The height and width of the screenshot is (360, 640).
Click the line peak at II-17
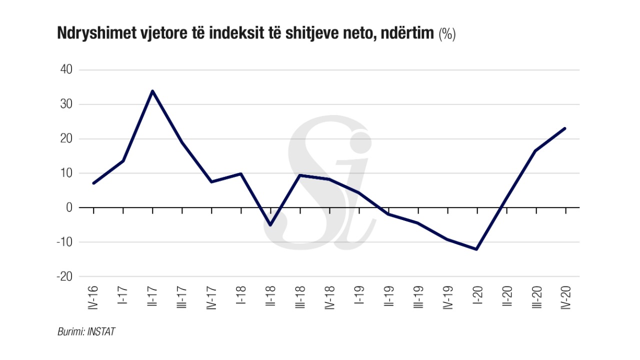(152, 91)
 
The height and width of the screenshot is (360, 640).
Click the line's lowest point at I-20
(477, 249)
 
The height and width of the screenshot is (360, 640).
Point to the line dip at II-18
(270, 225)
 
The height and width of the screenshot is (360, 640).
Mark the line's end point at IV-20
(565, 128)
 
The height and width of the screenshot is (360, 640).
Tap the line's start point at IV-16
(93, 183)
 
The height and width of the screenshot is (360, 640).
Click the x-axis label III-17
(182, 298)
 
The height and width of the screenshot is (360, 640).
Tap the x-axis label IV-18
(329, 298)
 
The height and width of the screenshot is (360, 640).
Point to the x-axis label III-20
(536, 298)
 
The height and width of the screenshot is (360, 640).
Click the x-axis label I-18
(241, 295)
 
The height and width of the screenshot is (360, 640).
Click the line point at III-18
(300, 175)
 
